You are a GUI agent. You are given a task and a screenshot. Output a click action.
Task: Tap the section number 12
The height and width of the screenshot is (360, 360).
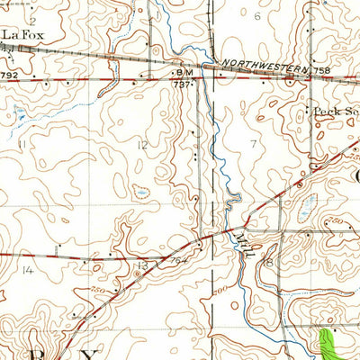point(142,145)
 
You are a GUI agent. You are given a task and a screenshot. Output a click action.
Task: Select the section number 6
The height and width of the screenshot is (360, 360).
point(257,16)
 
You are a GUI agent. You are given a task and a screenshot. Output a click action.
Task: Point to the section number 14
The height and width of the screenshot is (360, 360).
point(27,269)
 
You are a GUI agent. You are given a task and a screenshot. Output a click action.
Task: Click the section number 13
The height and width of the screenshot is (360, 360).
point(142,265)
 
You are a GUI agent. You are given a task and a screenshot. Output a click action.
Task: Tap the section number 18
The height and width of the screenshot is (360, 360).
point(267,262)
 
